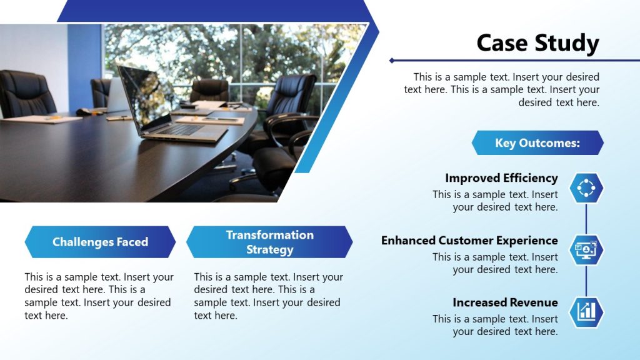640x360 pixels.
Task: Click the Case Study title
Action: point(537,43)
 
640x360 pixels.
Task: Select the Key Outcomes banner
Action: point(537,143)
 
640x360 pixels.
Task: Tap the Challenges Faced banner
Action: point(100,242)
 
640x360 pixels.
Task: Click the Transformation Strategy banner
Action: point(269,242)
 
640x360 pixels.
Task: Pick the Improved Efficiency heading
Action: point(501,178)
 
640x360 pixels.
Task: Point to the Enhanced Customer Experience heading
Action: point(469,240)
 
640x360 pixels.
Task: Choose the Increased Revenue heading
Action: point(505,302)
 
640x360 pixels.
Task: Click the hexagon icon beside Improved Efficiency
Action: point(586,187)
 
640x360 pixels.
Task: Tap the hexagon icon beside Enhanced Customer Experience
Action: point(586,249)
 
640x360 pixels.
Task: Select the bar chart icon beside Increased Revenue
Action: point(586,311)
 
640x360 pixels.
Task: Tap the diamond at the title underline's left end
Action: point(392,61)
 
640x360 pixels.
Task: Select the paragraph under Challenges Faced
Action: point(99,296)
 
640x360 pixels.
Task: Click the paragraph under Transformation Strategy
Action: point(268,296)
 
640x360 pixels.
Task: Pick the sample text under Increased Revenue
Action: point(495,325)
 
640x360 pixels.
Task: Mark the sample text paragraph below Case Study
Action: point(501,90)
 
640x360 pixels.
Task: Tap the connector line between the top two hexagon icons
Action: point(586,218)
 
